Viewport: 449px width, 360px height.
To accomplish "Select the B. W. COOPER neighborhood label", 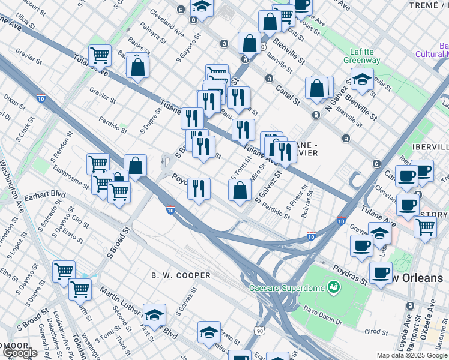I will (x=181, y=275).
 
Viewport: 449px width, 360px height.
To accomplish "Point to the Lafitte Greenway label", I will (x=361, y=56).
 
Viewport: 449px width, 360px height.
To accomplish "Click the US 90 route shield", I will (x=259, y=331).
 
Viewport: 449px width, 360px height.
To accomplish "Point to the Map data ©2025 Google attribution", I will (x=412, y=355).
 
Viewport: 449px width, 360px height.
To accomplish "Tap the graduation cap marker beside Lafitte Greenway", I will (x=362, y=79).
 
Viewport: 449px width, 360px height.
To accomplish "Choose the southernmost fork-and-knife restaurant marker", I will (x=199, y=188).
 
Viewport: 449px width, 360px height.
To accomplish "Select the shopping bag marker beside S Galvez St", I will (x=240, y=190).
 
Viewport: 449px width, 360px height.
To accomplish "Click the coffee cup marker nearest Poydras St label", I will (x=381, y=274).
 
